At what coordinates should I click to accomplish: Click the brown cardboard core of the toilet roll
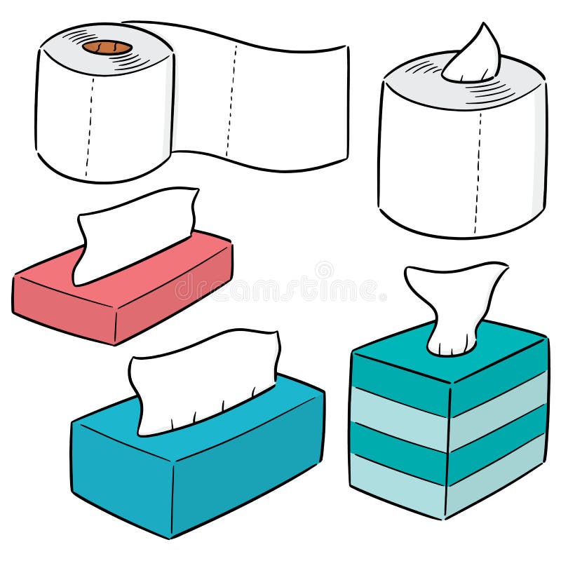tap(107, 48)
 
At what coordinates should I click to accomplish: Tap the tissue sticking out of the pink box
tap(133, 231)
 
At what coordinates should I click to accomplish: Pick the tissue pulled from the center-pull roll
tap(473, 56)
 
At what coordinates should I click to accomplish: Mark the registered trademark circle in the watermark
tap(324, 269)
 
